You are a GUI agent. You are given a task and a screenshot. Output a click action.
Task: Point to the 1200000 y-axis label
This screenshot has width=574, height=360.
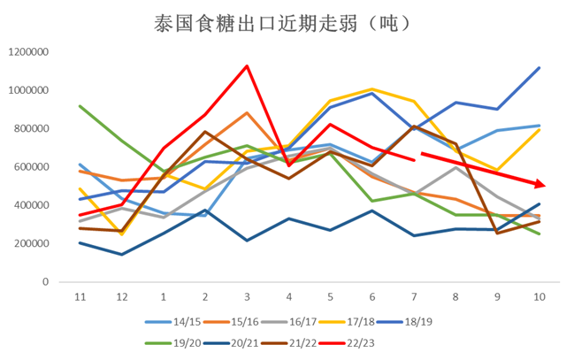[28, 52]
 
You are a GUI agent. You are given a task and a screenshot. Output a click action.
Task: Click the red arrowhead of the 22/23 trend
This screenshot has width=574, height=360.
[542, 184]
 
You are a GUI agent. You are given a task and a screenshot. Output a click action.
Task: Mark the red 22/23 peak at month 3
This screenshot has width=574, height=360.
[247, 66]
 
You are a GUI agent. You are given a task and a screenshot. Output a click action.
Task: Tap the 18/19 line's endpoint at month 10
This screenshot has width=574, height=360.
[539, 68]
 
